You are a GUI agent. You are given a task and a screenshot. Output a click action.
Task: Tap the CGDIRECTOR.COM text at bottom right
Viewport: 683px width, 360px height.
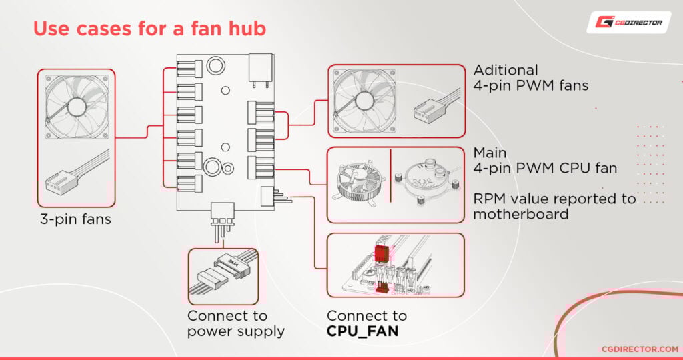click(x=630, y=348)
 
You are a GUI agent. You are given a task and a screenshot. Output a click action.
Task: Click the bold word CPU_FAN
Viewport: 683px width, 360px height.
click(x=362, y=330)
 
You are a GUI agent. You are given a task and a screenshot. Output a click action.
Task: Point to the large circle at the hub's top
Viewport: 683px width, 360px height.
click(x=216, y=65)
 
